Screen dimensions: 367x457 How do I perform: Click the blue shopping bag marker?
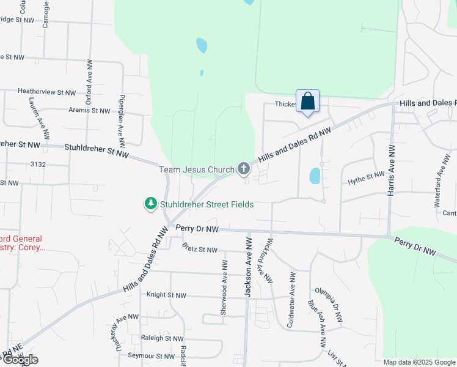point(307,102)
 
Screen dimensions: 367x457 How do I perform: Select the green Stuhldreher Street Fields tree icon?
point(150,204)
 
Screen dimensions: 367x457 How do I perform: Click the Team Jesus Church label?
point(197,169)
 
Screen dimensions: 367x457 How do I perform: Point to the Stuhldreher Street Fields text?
point(207,204)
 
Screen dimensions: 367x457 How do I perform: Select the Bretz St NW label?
point(200,250)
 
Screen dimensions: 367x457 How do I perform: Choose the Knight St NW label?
point(166,295)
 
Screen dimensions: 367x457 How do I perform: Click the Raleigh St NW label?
point(162,338)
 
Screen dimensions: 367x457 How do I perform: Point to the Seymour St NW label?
point(151,355)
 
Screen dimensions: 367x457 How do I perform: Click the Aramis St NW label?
point(89,111)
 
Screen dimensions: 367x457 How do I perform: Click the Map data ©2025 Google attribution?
point(419,362)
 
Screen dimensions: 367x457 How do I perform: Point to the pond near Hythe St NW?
point(314,176)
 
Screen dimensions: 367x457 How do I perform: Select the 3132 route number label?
point(38,165)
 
